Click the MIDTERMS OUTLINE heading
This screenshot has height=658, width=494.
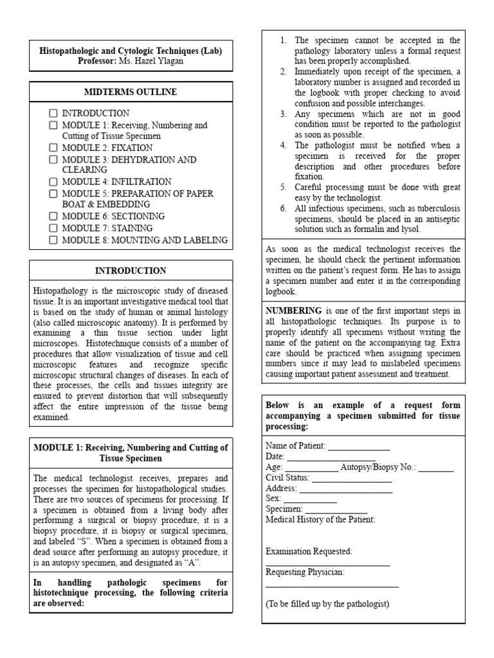[131, 92]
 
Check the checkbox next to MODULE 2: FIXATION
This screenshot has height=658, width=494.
[53, 148]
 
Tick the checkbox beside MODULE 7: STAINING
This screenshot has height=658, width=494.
[53, 228]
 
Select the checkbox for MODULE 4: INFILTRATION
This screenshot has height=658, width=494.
[53, 182]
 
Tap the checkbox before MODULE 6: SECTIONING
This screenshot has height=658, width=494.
[53, 217]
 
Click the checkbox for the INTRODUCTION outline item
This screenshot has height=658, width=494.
[53, 113]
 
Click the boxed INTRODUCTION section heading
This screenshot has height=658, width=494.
[131, 271]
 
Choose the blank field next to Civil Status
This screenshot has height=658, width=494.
[352, 479]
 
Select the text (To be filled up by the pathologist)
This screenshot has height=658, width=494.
[327, 603]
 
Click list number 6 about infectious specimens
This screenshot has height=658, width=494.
[283, 209]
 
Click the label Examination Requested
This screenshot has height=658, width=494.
[309, 551]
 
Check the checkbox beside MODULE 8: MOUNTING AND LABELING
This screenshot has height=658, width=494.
[53, 240]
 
